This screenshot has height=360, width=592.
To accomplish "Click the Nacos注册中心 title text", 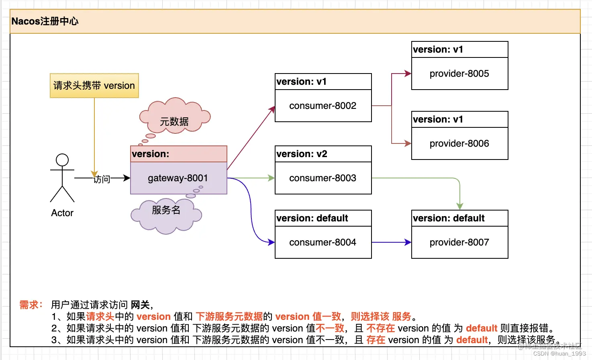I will click(x=45, y=21).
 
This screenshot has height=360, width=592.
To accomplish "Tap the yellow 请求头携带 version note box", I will click(x=94, y=86).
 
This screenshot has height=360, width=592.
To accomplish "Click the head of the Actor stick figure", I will click(x=62, y=160).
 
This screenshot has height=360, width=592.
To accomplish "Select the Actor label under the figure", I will click(x=62, y=213).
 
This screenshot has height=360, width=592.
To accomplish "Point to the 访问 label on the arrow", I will click(x=102, y=179).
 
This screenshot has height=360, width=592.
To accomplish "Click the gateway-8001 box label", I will click(x=178, y=178).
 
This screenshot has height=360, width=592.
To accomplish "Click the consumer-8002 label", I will click(x=323, y=106).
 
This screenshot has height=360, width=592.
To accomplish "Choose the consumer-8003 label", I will click(x=323, y=178).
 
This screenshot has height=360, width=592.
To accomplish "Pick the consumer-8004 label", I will click(x=323, y=242).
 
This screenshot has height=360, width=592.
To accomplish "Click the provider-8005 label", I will click(x=459, y=74).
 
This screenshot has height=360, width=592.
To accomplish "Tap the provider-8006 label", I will click(x=459, y=143).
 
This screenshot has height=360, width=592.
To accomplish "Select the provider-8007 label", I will click(x=459, y=242).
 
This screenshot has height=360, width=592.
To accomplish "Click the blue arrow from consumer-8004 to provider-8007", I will click(x=391, y=242).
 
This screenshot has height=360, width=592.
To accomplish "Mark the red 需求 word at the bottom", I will click(x=29, y=305).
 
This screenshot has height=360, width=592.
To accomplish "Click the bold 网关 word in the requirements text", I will click(x=140, y=305).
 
